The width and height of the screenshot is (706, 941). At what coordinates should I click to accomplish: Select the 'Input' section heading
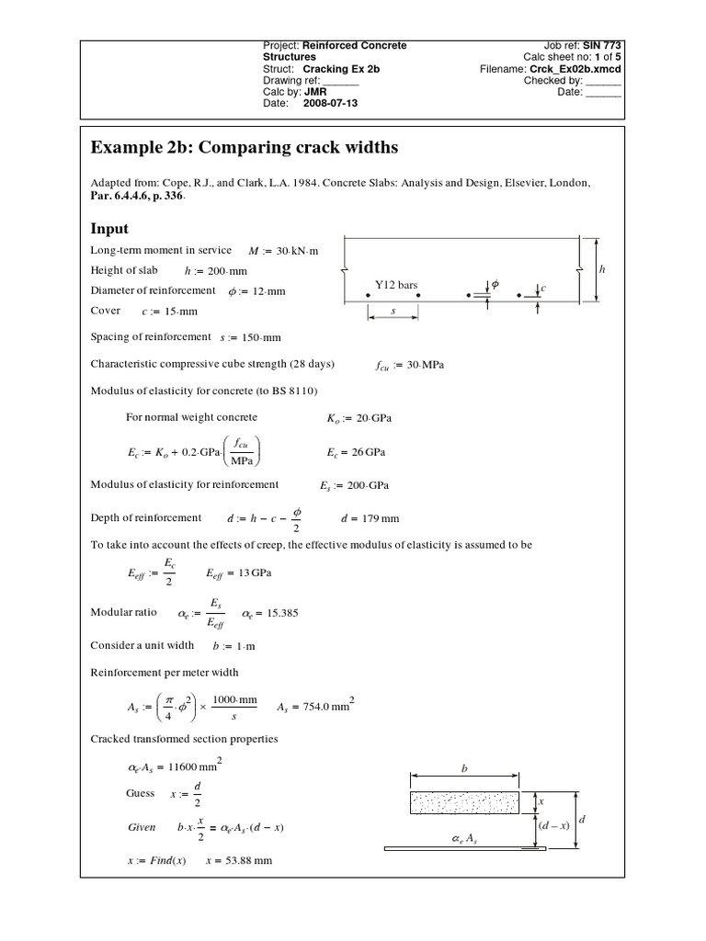[x=108, y=228]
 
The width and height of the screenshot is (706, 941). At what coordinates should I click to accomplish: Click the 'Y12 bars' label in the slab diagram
[x=396, y=285]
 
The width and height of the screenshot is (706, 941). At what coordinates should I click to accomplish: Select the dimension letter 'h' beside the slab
[x=603, y=269]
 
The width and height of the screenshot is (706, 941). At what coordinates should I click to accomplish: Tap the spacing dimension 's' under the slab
[x=393, y=312]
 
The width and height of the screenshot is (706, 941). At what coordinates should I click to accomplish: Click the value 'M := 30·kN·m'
[x=283, y=251]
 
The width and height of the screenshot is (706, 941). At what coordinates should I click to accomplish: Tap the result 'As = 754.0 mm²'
[x=314, y=708]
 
